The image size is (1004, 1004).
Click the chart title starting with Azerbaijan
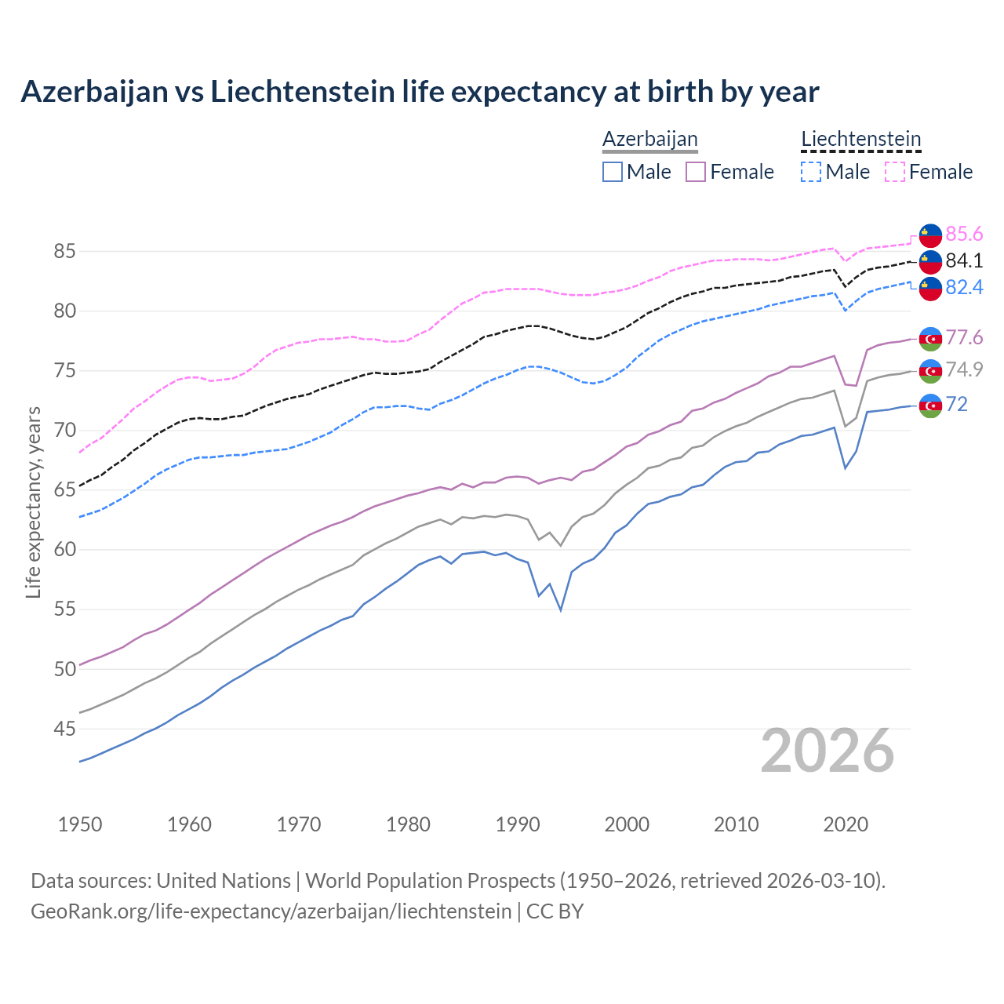(x=420, y=92)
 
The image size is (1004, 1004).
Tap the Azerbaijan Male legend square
(x=613, y=172)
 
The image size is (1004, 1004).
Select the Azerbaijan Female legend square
(x=696, y=172)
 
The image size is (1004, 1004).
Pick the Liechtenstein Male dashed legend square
(x=811, y=172)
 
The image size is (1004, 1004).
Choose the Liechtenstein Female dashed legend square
(x=895, y=172)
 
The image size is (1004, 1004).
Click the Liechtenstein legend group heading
(x=860, y=140)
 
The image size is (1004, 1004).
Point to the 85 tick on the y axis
(x=64, y=252)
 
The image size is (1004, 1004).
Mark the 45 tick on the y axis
(x=64, y=729)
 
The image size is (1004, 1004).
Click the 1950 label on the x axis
(x=80, y=824)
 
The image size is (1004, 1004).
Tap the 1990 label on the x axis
(x=518, y=824)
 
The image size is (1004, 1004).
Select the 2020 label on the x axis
(x=846, y=824)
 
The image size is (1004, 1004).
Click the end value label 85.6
(x=964, y=235)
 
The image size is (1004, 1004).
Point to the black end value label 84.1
(x=964, y=261)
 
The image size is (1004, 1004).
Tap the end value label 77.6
(x=964, y=338)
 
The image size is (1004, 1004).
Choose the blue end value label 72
(x=957, y=405)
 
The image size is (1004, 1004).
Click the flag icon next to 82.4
(x=930, y=288)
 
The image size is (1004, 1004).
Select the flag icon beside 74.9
(x=930, y=371)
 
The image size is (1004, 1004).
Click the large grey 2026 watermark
(x=828, y=751)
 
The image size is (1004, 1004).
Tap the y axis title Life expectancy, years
(x=33, y=502)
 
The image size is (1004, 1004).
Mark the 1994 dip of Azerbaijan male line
(x=561, y=609)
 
